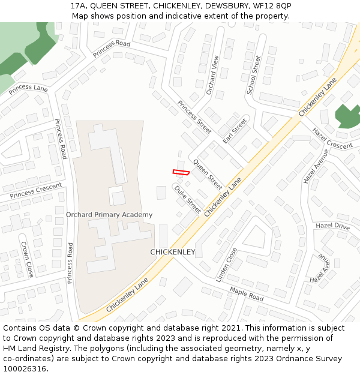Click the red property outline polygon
click(181, 172)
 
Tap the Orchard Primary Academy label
click(109, 215)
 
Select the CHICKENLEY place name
click(173, 252)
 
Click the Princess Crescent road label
click(36, 190)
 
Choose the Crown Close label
click(27, 259)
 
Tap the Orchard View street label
click(212, 75)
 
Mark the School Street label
click(254, 75)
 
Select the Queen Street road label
click(208, 175)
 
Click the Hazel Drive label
click(332, 226)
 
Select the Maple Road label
click(247, 294)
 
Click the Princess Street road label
click(194, 116)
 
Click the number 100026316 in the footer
click(25, 369)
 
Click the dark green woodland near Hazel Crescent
click(347, 116)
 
